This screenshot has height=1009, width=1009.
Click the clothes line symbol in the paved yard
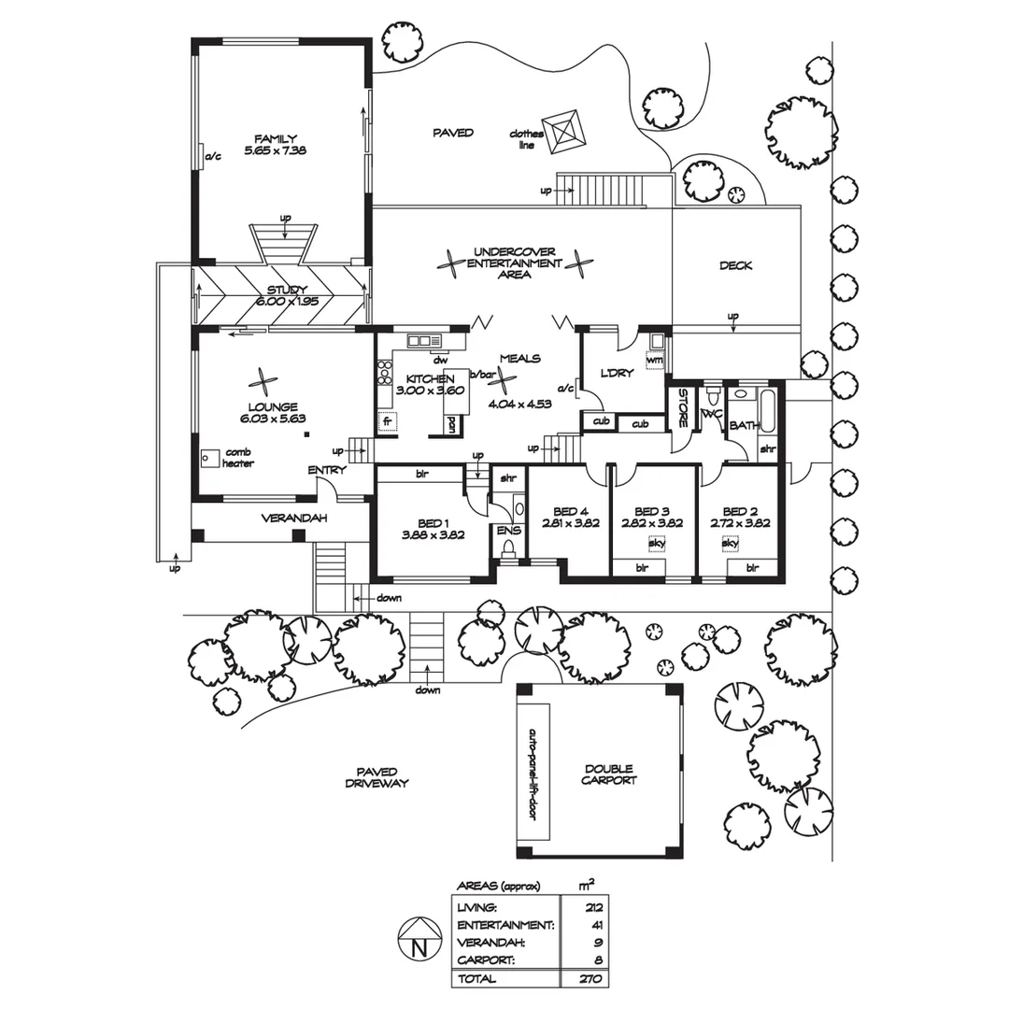pos(566,132)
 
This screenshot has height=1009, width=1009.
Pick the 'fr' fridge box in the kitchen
pos(385,421)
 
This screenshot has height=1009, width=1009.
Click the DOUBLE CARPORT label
pos(609,774)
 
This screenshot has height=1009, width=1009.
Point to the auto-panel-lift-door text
pos(533,774)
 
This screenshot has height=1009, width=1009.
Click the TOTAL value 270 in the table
pos(594,979)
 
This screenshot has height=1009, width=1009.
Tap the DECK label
pos(735,265)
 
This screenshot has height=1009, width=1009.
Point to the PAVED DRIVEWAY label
pos(376,777)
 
